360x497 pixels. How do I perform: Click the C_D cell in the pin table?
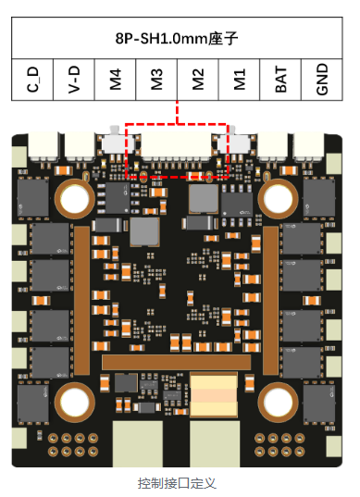(32, 80)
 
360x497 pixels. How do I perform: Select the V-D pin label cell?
(74, 80)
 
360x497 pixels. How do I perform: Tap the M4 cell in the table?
(115, 80)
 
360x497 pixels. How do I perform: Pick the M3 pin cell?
(156, 80)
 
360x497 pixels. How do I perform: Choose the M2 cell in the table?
(198, 80)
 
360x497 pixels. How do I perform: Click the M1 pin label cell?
(240, 80)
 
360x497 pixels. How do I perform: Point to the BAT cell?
(280, 80)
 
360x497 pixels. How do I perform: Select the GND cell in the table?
(322, 80)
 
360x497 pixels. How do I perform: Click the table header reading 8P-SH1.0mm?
(177, 38)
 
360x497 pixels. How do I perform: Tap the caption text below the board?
(177, 483)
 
